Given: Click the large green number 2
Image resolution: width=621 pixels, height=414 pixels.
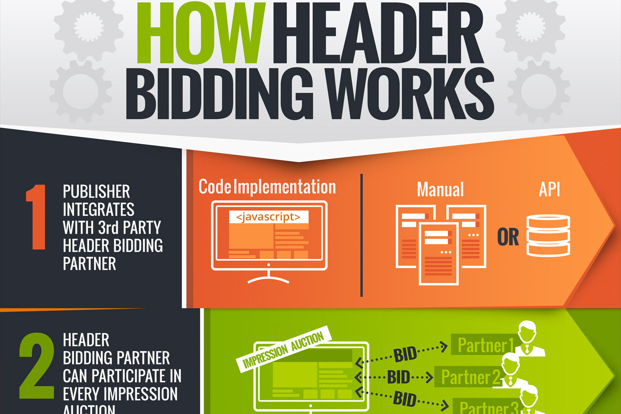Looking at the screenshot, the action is tap(36, 366).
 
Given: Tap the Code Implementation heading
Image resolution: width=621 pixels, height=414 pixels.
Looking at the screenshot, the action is tap(267, 187).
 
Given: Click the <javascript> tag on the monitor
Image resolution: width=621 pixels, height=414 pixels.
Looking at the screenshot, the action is tap(268, 217).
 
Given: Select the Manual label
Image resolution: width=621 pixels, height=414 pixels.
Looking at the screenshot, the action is tap(440, 190).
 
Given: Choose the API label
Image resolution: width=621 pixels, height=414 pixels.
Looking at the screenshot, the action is tap(549, 190).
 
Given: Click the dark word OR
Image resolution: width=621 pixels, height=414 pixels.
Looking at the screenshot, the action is tap(508, 237).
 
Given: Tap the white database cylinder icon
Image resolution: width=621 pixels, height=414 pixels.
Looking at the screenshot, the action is tap(548, 235).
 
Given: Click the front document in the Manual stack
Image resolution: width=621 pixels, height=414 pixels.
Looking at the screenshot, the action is tap(438, 253).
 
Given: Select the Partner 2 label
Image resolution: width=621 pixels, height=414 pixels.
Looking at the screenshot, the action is tap(470, 377).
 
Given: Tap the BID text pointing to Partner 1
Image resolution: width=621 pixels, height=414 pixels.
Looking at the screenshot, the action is tap(405, 354).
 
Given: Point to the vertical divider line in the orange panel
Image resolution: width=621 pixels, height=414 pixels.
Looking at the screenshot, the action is tap(361, 235).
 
